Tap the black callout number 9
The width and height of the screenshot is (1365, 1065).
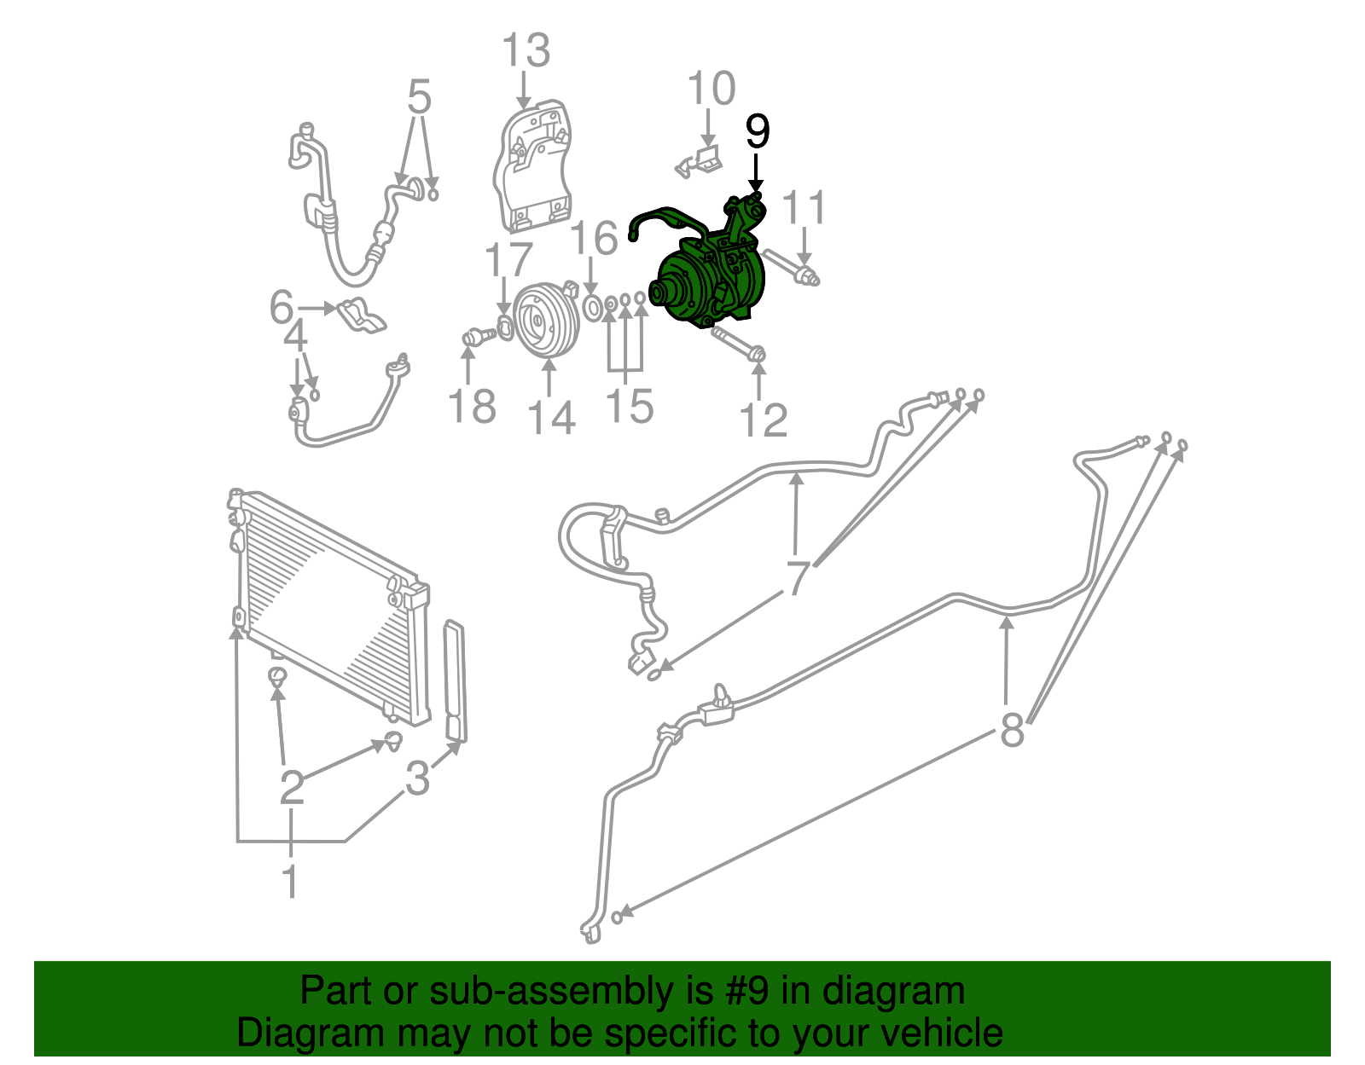click(x=757, y=132)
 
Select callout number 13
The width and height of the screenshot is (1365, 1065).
click(x=526, y=51)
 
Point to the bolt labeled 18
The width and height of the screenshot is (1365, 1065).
click(x=478, y=338)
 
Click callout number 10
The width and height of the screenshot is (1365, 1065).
click(x=711, y=90)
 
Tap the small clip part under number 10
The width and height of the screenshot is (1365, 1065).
click(x=700, y=162)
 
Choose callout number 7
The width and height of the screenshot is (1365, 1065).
click(x=797, y=578)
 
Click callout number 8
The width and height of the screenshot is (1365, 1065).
click(x=1012, y=729)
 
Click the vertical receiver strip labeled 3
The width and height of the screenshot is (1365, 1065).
click(x=456, y=682)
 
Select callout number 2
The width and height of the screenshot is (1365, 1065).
click(x=292, y=786)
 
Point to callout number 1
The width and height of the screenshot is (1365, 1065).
click(x=291, y=880)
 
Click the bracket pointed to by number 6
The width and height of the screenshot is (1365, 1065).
click(x=362, y=315)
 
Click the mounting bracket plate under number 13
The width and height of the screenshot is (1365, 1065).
click(x=533, y=171)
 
